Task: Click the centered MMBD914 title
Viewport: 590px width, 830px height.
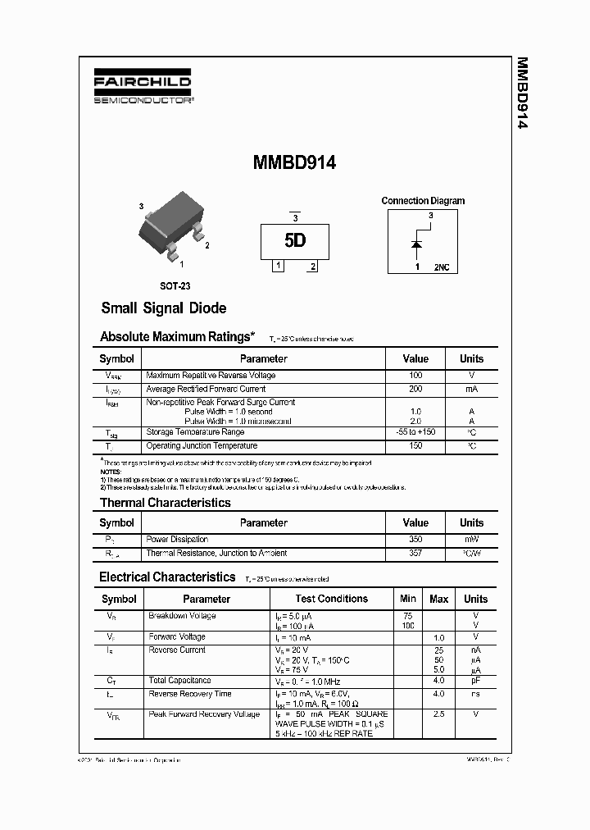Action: tap(294, 163)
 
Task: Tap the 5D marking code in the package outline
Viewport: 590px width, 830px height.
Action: tap(295, 241)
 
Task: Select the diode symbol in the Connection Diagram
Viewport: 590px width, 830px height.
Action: tap(417, 244)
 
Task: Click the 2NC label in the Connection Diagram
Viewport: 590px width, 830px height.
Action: tap(441, 267)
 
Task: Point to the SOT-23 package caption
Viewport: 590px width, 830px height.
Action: tap(175, 285)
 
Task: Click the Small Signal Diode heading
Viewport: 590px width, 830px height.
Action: tap(163, 308)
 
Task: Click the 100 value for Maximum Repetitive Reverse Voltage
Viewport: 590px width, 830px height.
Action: tap(415, 376)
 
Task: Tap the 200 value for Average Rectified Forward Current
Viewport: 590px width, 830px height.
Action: tap(415, 389)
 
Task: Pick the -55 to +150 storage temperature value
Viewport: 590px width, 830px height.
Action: tap(415, 432)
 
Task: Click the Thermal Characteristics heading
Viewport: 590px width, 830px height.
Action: tap(165, 503)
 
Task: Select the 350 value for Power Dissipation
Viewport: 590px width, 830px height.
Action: tap(415, 540)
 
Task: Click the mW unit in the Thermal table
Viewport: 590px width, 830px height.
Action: tap(471, 540)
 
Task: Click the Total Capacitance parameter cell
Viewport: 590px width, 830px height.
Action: tap(179, 680)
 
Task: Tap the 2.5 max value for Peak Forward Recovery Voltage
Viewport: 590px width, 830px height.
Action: tap(438, 714)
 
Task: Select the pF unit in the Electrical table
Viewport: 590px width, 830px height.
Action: tap(475, 680)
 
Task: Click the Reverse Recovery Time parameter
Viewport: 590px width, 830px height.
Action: tap(189, 694)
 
